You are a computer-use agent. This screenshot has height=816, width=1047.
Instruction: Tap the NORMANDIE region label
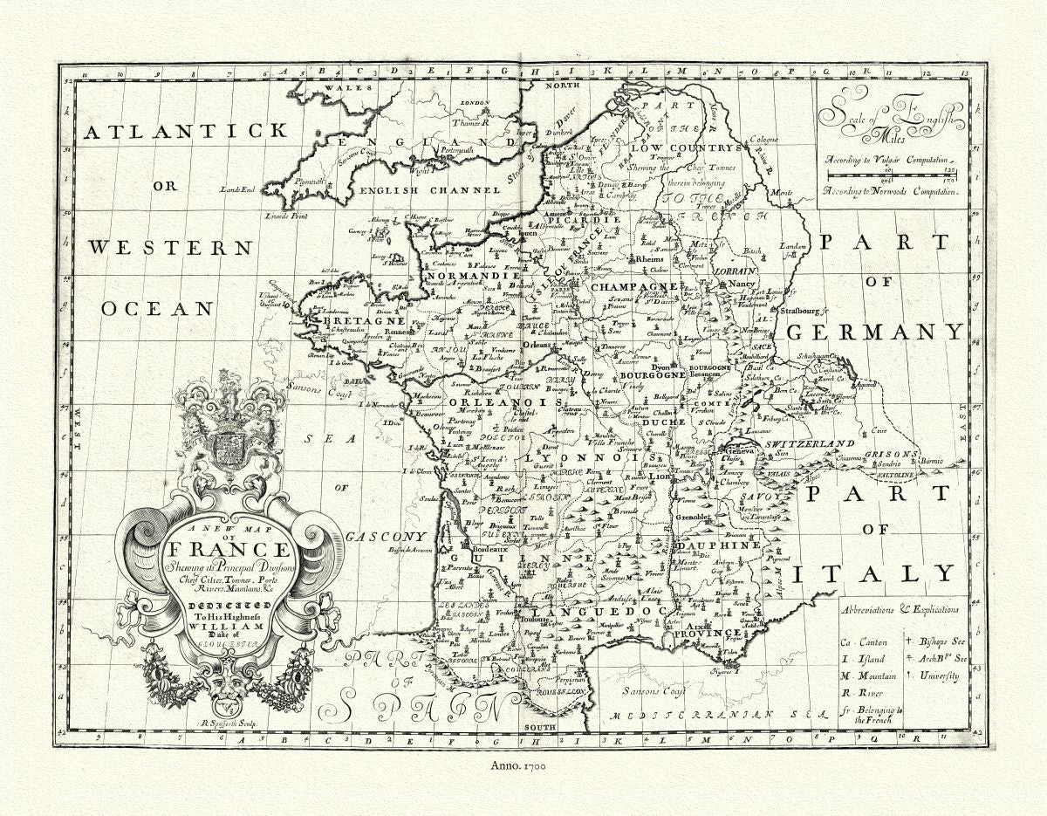[x=461, y=276]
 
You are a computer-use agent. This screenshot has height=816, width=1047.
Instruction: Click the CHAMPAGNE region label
[x=634, y=286]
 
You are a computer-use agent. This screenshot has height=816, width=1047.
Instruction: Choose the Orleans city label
[x=537, y=345]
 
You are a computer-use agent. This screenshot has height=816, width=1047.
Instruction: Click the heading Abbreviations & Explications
[x=900, y=610]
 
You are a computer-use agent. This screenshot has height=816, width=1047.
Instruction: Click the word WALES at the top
[x=336, y=89]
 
